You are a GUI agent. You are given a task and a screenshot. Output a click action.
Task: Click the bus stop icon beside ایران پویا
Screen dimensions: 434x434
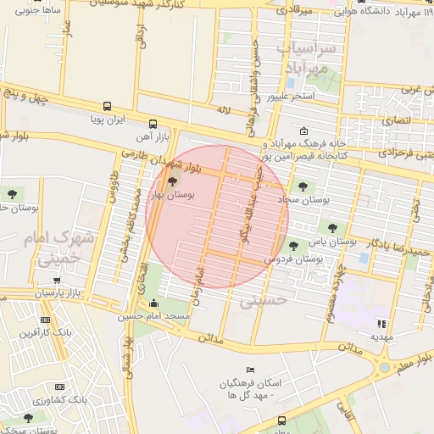pyautogui.click(x=107, y=106)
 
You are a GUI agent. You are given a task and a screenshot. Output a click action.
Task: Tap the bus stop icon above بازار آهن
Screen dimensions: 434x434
pyautogui.click(x=153, y=123)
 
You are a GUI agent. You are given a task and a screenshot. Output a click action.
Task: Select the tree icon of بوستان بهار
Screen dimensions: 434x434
pyautogui.click(x=173, y=181)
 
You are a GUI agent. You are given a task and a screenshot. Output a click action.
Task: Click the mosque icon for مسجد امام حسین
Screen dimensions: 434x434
pyautogui.click(x=153, y=304)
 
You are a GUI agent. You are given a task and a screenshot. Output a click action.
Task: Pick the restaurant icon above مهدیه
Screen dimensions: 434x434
pyautogui.click(x=382, y=323)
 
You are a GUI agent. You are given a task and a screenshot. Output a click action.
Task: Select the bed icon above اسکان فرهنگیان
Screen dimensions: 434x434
pyautogui.click(x=249, y=370)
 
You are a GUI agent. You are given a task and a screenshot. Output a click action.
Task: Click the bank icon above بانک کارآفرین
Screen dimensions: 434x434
pyautogui.click(x=45, y=320)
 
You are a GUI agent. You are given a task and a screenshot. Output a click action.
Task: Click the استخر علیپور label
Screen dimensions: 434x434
pyautogui.click(x=292, y=96)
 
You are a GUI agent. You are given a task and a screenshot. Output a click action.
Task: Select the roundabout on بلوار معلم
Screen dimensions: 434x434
pyautogui.click(x=386, y=367)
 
